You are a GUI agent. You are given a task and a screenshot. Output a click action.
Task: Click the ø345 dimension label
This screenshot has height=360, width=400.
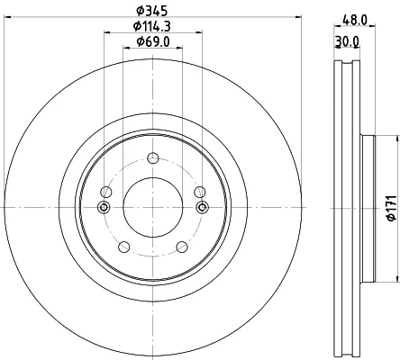151,11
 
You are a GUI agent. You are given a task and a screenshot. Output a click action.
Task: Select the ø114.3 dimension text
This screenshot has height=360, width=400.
152,26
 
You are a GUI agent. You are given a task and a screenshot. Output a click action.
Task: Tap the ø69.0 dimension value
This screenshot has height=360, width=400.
153,41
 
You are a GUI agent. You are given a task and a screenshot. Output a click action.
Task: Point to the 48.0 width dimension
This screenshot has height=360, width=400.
355,21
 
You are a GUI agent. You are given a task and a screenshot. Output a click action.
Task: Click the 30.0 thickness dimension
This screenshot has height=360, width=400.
347,41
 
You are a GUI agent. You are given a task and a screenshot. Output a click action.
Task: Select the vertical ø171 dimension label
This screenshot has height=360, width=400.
392,208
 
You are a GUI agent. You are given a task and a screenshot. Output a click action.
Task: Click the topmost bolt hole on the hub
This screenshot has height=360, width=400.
153,158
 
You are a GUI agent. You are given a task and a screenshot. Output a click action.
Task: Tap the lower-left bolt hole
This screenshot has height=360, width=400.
124,247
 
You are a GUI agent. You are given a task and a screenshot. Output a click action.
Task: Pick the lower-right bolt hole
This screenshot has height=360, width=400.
182,247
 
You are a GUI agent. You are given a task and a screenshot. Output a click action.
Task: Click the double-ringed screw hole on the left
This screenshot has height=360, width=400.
104,207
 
